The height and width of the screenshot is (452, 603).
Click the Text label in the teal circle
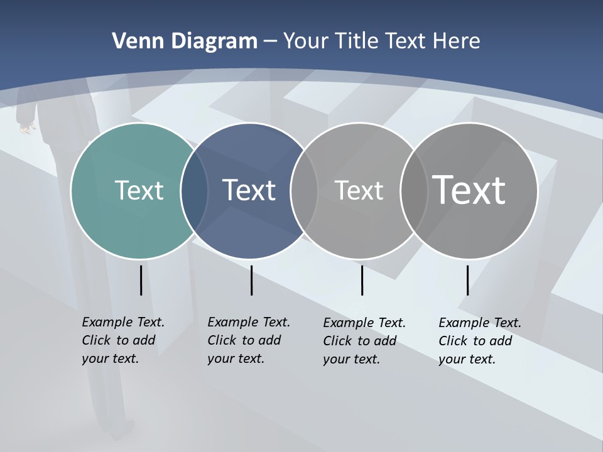pos(139,190)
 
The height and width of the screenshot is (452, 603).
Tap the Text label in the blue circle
pos(249,190)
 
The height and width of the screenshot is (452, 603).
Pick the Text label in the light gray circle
pos(359,190)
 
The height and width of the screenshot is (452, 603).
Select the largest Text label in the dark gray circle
pos(469,190)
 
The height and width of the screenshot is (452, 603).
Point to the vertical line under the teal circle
pos(141,280)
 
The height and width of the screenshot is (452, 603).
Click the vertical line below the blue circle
pos(251,280)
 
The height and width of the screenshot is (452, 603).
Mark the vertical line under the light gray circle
pos(362,280)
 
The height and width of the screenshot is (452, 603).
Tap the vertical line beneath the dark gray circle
pos(467,280)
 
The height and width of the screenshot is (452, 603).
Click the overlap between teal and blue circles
pos(194,191)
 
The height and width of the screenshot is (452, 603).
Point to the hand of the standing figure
pos(26,128)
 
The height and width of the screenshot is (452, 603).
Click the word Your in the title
pos(307,41)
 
